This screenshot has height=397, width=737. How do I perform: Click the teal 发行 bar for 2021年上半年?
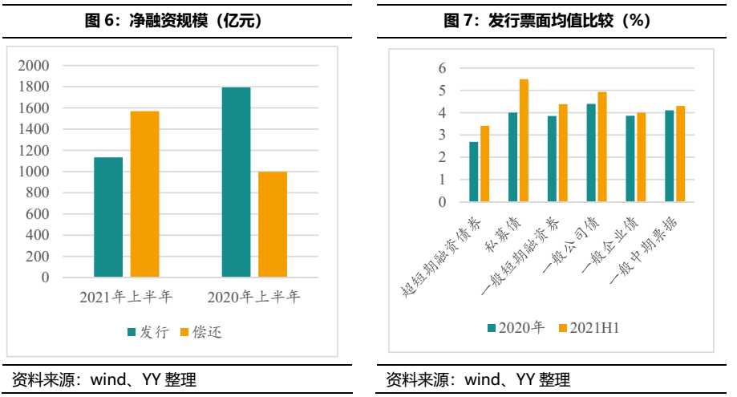pos(108,217)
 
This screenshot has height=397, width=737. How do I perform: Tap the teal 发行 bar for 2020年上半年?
pos(236,182)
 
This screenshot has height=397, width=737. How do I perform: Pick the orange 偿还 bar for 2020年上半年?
pos(273,225)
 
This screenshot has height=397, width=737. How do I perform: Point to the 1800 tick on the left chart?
pos(34,87)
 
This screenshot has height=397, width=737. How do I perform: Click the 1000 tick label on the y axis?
pos(34,172)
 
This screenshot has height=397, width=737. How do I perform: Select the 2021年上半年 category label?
pos(126,298)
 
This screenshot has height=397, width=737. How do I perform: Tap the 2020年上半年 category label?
pos(253,298)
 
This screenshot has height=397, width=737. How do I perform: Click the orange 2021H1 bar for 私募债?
pos(524,140)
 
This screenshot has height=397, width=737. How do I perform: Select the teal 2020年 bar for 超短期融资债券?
pos(474,172)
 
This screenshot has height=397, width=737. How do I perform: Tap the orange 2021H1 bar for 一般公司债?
pos(602,147)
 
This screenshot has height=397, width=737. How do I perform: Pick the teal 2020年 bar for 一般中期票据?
pos(670,156)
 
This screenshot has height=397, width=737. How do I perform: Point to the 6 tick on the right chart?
pos(442,69)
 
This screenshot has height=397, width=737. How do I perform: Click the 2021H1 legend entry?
pos(589,328)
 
